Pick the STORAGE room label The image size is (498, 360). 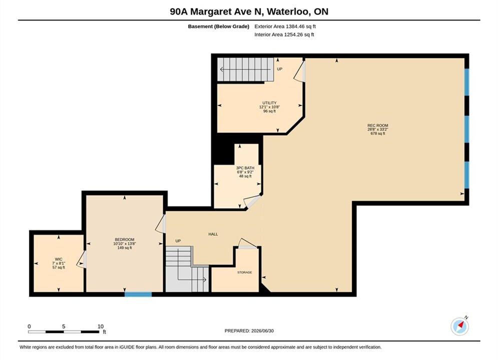(x=245, y=272)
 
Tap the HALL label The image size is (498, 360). (x=213, y=234)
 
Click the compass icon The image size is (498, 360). (x=459, y=326)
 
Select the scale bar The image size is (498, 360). (x=64, y=332)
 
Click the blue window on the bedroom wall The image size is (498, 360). (x=138, y=294)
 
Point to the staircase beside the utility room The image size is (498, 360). (x=246, y=69)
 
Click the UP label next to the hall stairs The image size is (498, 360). (x=178, y=240)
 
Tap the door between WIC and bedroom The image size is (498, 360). (x=82, y=259)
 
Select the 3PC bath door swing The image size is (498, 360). (x=252, y=201)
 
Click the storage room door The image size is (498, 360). (x=248, y=243)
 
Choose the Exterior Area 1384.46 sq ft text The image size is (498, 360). (x=285, y=26)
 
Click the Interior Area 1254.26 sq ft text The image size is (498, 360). (x=284, y=34)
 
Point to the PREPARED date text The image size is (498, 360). (x=249, y=330)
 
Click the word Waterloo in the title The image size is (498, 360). (x=288, y=11)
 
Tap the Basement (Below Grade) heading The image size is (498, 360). (x=219, y=26)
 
